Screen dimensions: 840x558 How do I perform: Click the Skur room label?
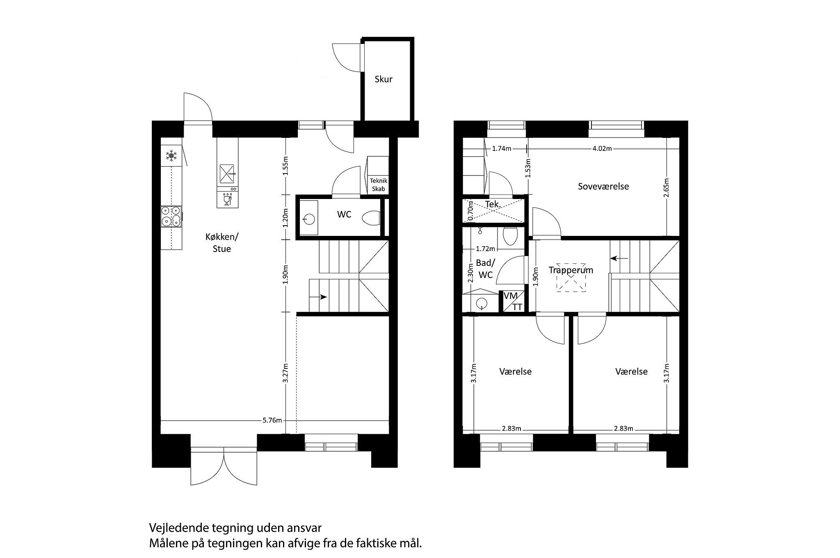click(383, 79)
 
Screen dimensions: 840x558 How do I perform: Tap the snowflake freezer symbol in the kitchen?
click(171, 156)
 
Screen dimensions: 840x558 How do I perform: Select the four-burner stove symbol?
click(171, 216)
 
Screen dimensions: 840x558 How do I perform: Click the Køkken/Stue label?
click(221, 243)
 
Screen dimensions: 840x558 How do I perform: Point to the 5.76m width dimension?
click(272, 420)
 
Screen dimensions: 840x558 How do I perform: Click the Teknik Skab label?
click(378, 185)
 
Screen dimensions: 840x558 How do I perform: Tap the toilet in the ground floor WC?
click(372, 218)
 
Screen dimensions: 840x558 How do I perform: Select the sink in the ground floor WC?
click(308, 218)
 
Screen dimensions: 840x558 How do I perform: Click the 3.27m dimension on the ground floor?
click(286, 373)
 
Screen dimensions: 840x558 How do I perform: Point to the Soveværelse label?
click(603, 186)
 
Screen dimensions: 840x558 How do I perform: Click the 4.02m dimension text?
click(602, 149)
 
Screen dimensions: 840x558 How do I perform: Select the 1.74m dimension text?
click(502, 149)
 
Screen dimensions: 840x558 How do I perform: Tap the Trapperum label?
click(571, 270)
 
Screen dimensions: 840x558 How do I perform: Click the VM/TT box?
click(512, 302)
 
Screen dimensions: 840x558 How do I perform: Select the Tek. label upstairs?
click(492, 204)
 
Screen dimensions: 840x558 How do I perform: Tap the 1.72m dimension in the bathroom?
click(485, 249)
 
